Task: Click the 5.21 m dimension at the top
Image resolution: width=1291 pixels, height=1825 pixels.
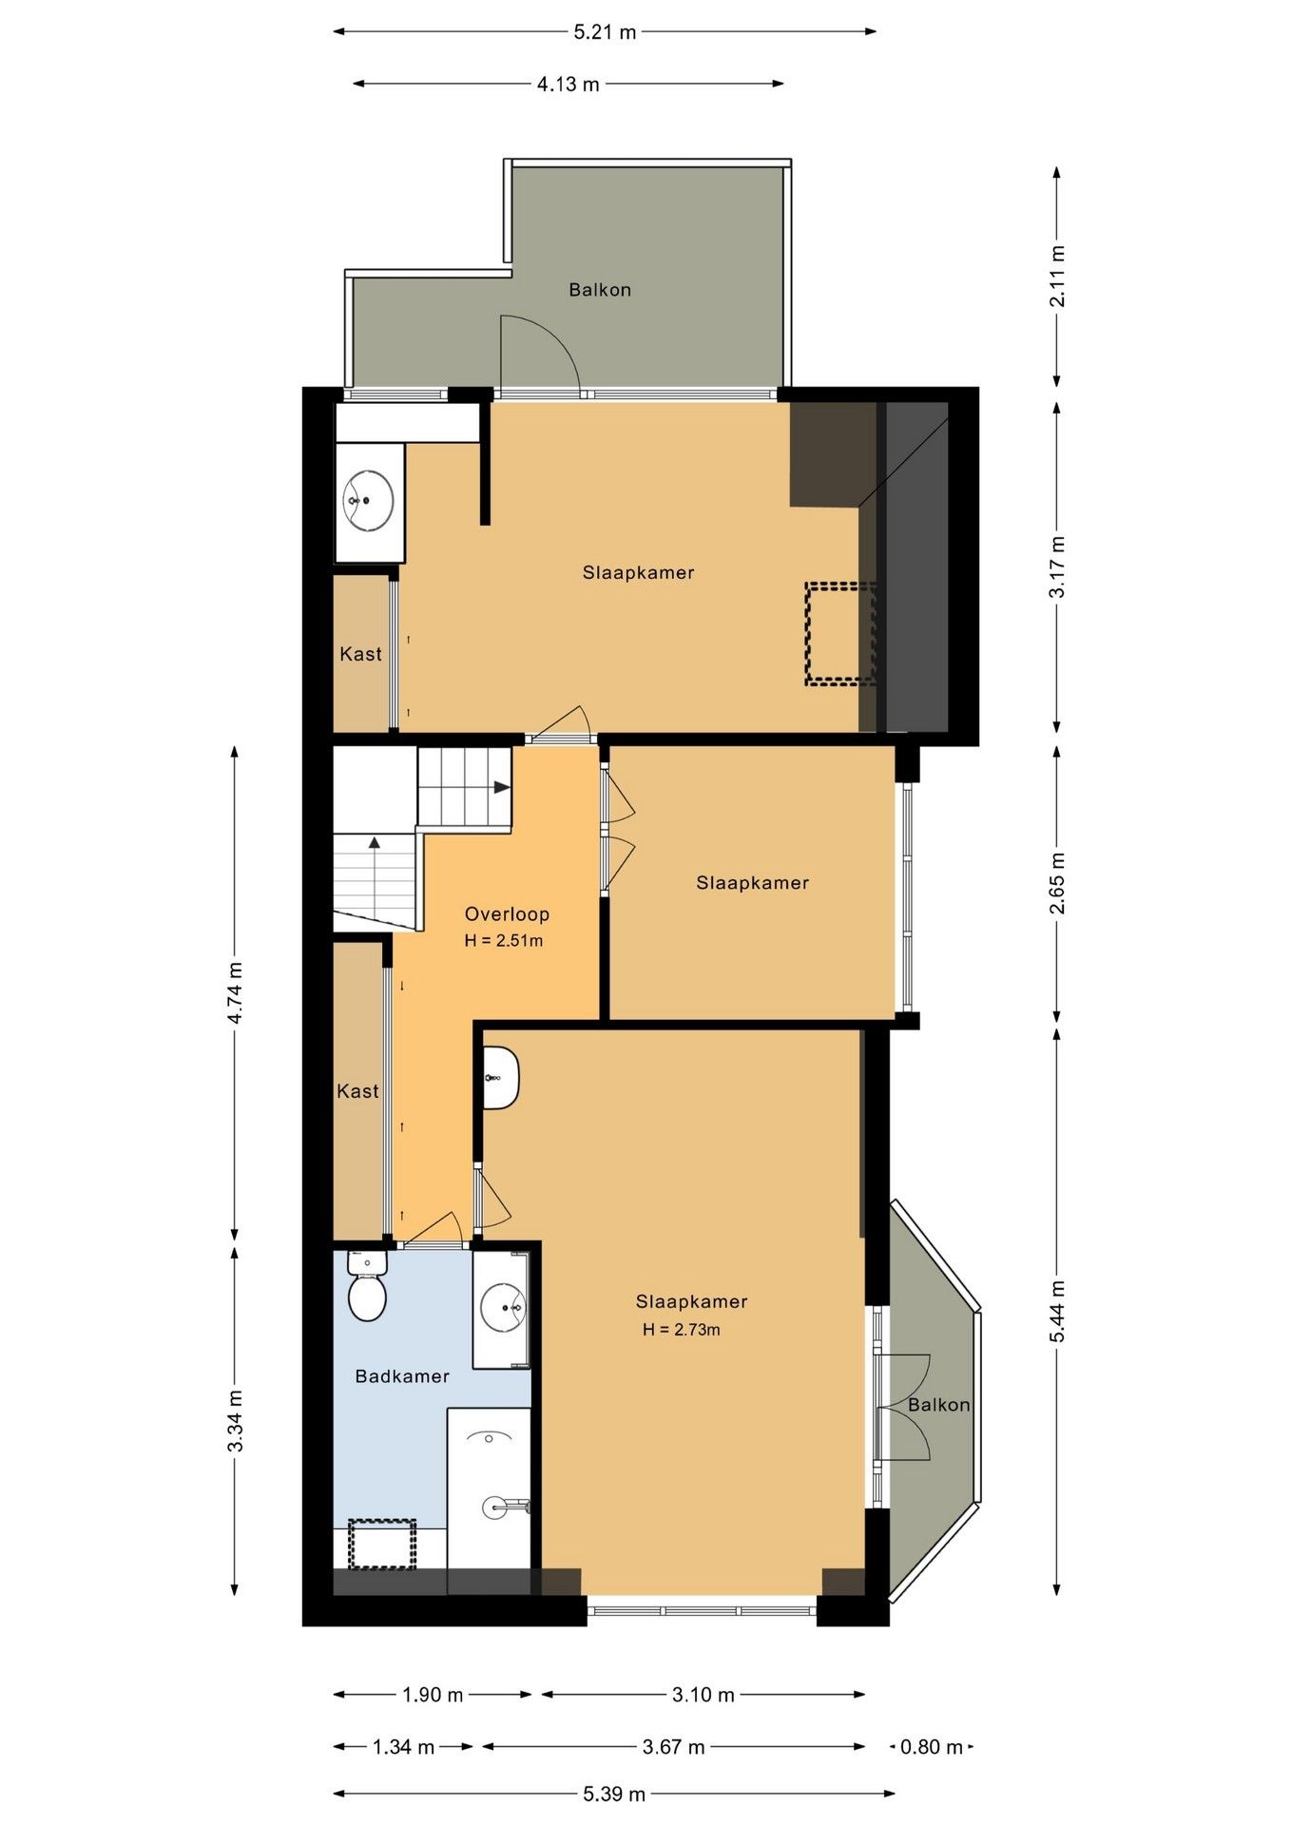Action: tap(605, 32)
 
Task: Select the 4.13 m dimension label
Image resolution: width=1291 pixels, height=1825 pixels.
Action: tap(568, 85)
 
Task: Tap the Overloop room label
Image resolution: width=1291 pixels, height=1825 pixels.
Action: tap(507, 914)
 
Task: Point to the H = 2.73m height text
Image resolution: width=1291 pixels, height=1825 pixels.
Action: tap(681, 1330)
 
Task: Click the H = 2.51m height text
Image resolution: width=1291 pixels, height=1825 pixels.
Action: tap(503, 941)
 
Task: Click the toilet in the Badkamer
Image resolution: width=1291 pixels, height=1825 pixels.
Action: tap(367, 1286)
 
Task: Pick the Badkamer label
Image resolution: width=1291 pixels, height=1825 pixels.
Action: tap(402, 1376)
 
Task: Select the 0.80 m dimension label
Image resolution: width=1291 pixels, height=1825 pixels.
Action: tap(932, 1747)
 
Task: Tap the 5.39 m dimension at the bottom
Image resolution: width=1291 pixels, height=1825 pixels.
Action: tap(614, 1795)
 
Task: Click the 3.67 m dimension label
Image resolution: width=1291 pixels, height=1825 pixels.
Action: tap(674, 1747)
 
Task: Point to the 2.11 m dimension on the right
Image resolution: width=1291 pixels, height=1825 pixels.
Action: tap(1057, 276)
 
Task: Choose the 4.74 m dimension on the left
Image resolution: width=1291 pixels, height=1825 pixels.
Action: tap(235, 993)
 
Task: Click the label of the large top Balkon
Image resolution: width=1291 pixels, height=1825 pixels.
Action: tap(600, 290)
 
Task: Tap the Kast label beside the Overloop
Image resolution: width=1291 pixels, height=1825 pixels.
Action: tap(357, 1091)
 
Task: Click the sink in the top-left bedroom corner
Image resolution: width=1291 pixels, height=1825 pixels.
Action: tap(369, 500)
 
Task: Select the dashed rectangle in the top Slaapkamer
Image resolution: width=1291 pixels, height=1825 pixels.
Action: tap(840, 633)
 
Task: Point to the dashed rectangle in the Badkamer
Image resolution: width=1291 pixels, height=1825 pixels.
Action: tap(382, 1544)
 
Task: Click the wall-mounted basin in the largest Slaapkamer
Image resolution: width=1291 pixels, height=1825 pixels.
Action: tap(500, 1078)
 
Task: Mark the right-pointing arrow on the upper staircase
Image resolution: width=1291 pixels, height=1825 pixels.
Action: tap(501, 787)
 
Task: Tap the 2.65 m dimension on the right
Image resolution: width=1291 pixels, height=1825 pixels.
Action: tap(1057, 883)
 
